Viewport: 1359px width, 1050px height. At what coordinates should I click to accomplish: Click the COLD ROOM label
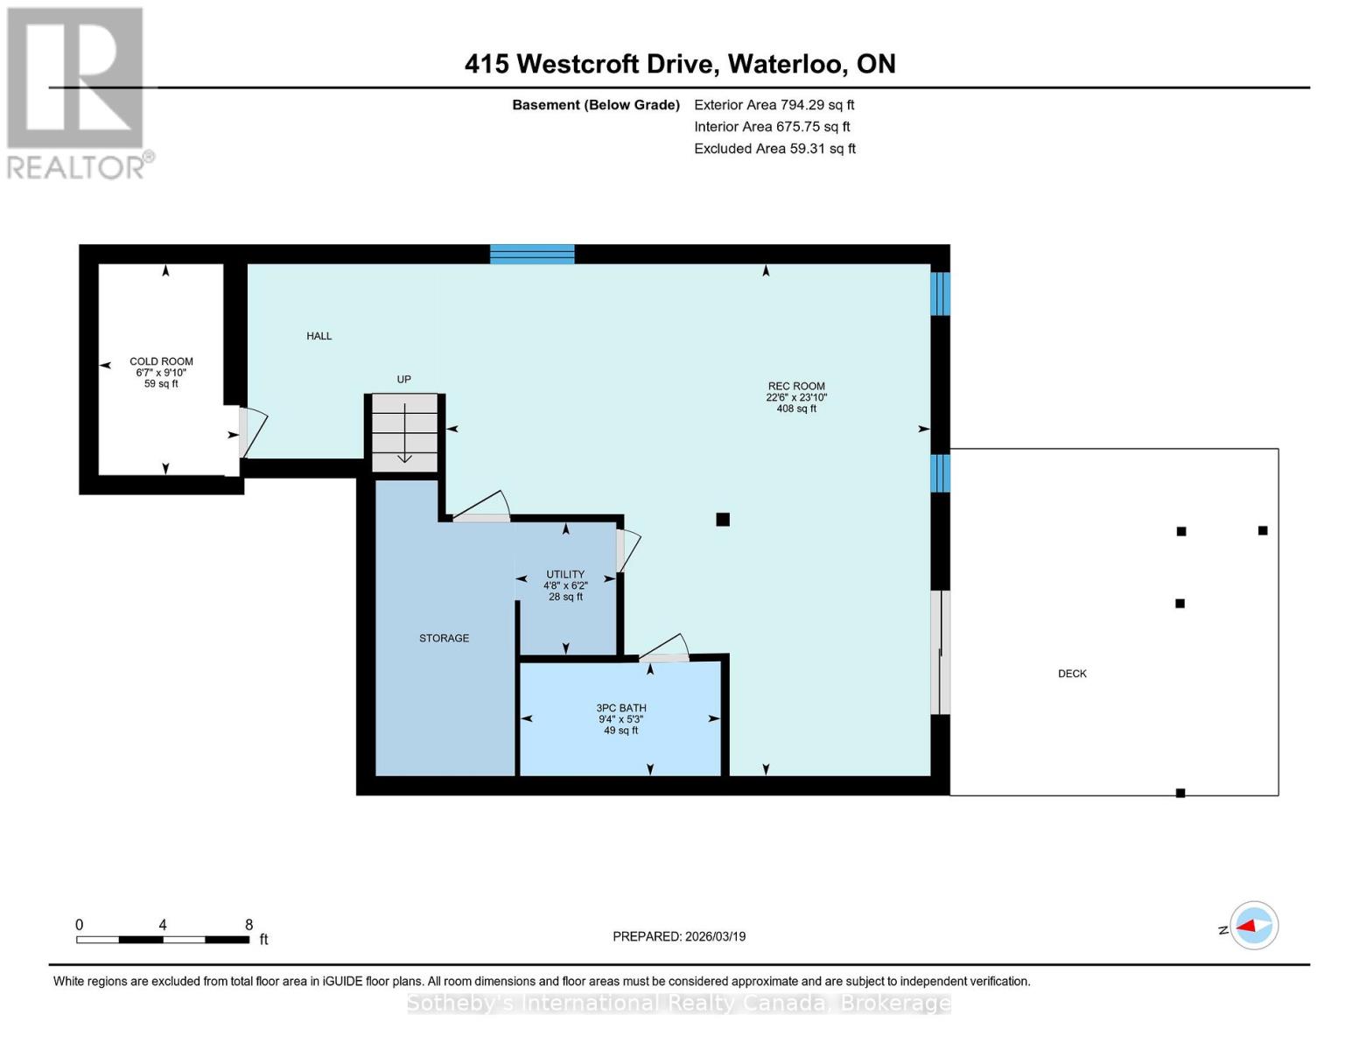point(161,361)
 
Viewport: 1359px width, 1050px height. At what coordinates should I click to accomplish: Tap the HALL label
point(319,336)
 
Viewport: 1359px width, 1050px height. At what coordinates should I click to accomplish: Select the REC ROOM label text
point(796,386)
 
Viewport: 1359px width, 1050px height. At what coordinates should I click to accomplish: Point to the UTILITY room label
point(565,575)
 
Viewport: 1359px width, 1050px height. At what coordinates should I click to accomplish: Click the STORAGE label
point(444,638)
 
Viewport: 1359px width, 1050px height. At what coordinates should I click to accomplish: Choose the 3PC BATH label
point(621,708)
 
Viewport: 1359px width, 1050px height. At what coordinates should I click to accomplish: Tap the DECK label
point(1072,674)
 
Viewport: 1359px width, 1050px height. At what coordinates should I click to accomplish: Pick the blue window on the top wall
point(532,255)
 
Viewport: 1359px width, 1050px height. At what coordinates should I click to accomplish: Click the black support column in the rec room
point(723,520)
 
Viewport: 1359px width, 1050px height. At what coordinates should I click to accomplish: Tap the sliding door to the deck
point(940,652)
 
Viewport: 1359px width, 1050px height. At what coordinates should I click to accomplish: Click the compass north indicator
point(1254,926)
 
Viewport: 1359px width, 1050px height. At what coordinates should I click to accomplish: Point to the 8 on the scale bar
point(249,925)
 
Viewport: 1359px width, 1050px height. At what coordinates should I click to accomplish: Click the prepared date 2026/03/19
point(679,936)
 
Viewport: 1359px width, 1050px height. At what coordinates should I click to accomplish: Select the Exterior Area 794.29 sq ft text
point(774,105)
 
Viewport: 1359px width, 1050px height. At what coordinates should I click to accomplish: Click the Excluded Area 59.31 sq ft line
point(774,149)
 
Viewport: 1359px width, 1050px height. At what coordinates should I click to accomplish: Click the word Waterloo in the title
point(787,64)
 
